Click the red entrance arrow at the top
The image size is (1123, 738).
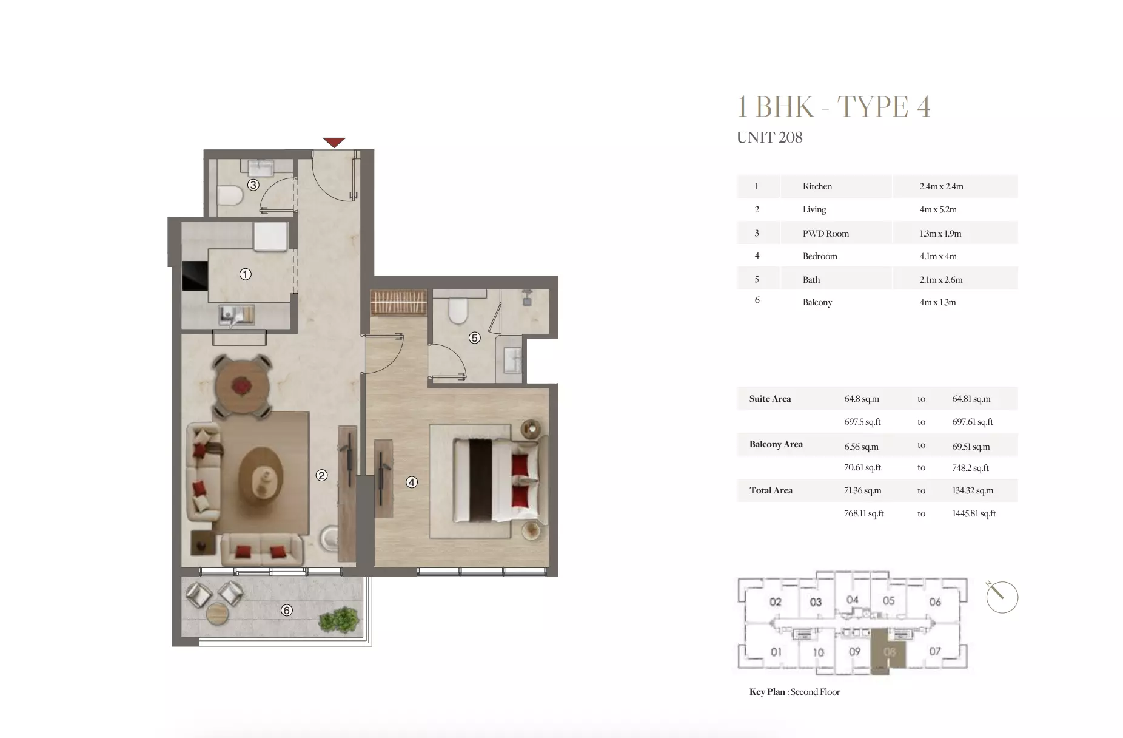click(334, 142)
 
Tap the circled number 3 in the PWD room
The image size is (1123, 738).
click(253, 184)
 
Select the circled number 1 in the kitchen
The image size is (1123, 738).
click(245, 274)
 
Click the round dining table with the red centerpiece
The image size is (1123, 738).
click(242, 386)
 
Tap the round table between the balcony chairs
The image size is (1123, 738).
click(216, 614)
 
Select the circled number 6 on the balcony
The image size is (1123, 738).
click(287, 610)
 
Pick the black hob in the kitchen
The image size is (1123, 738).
click(195, 276)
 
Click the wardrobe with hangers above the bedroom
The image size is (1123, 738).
click(398, 302)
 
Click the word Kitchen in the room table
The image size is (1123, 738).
click(817, 186)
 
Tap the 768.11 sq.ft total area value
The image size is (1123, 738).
click(863, 513)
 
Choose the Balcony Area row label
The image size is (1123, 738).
click(776, 444)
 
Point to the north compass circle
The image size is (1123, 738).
click(1002, 597)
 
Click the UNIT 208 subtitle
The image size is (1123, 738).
click(769, 138)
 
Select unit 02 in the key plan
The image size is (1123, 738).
click(775, 602)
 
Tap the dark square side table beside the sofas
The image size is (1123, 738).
click(203, 543)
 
